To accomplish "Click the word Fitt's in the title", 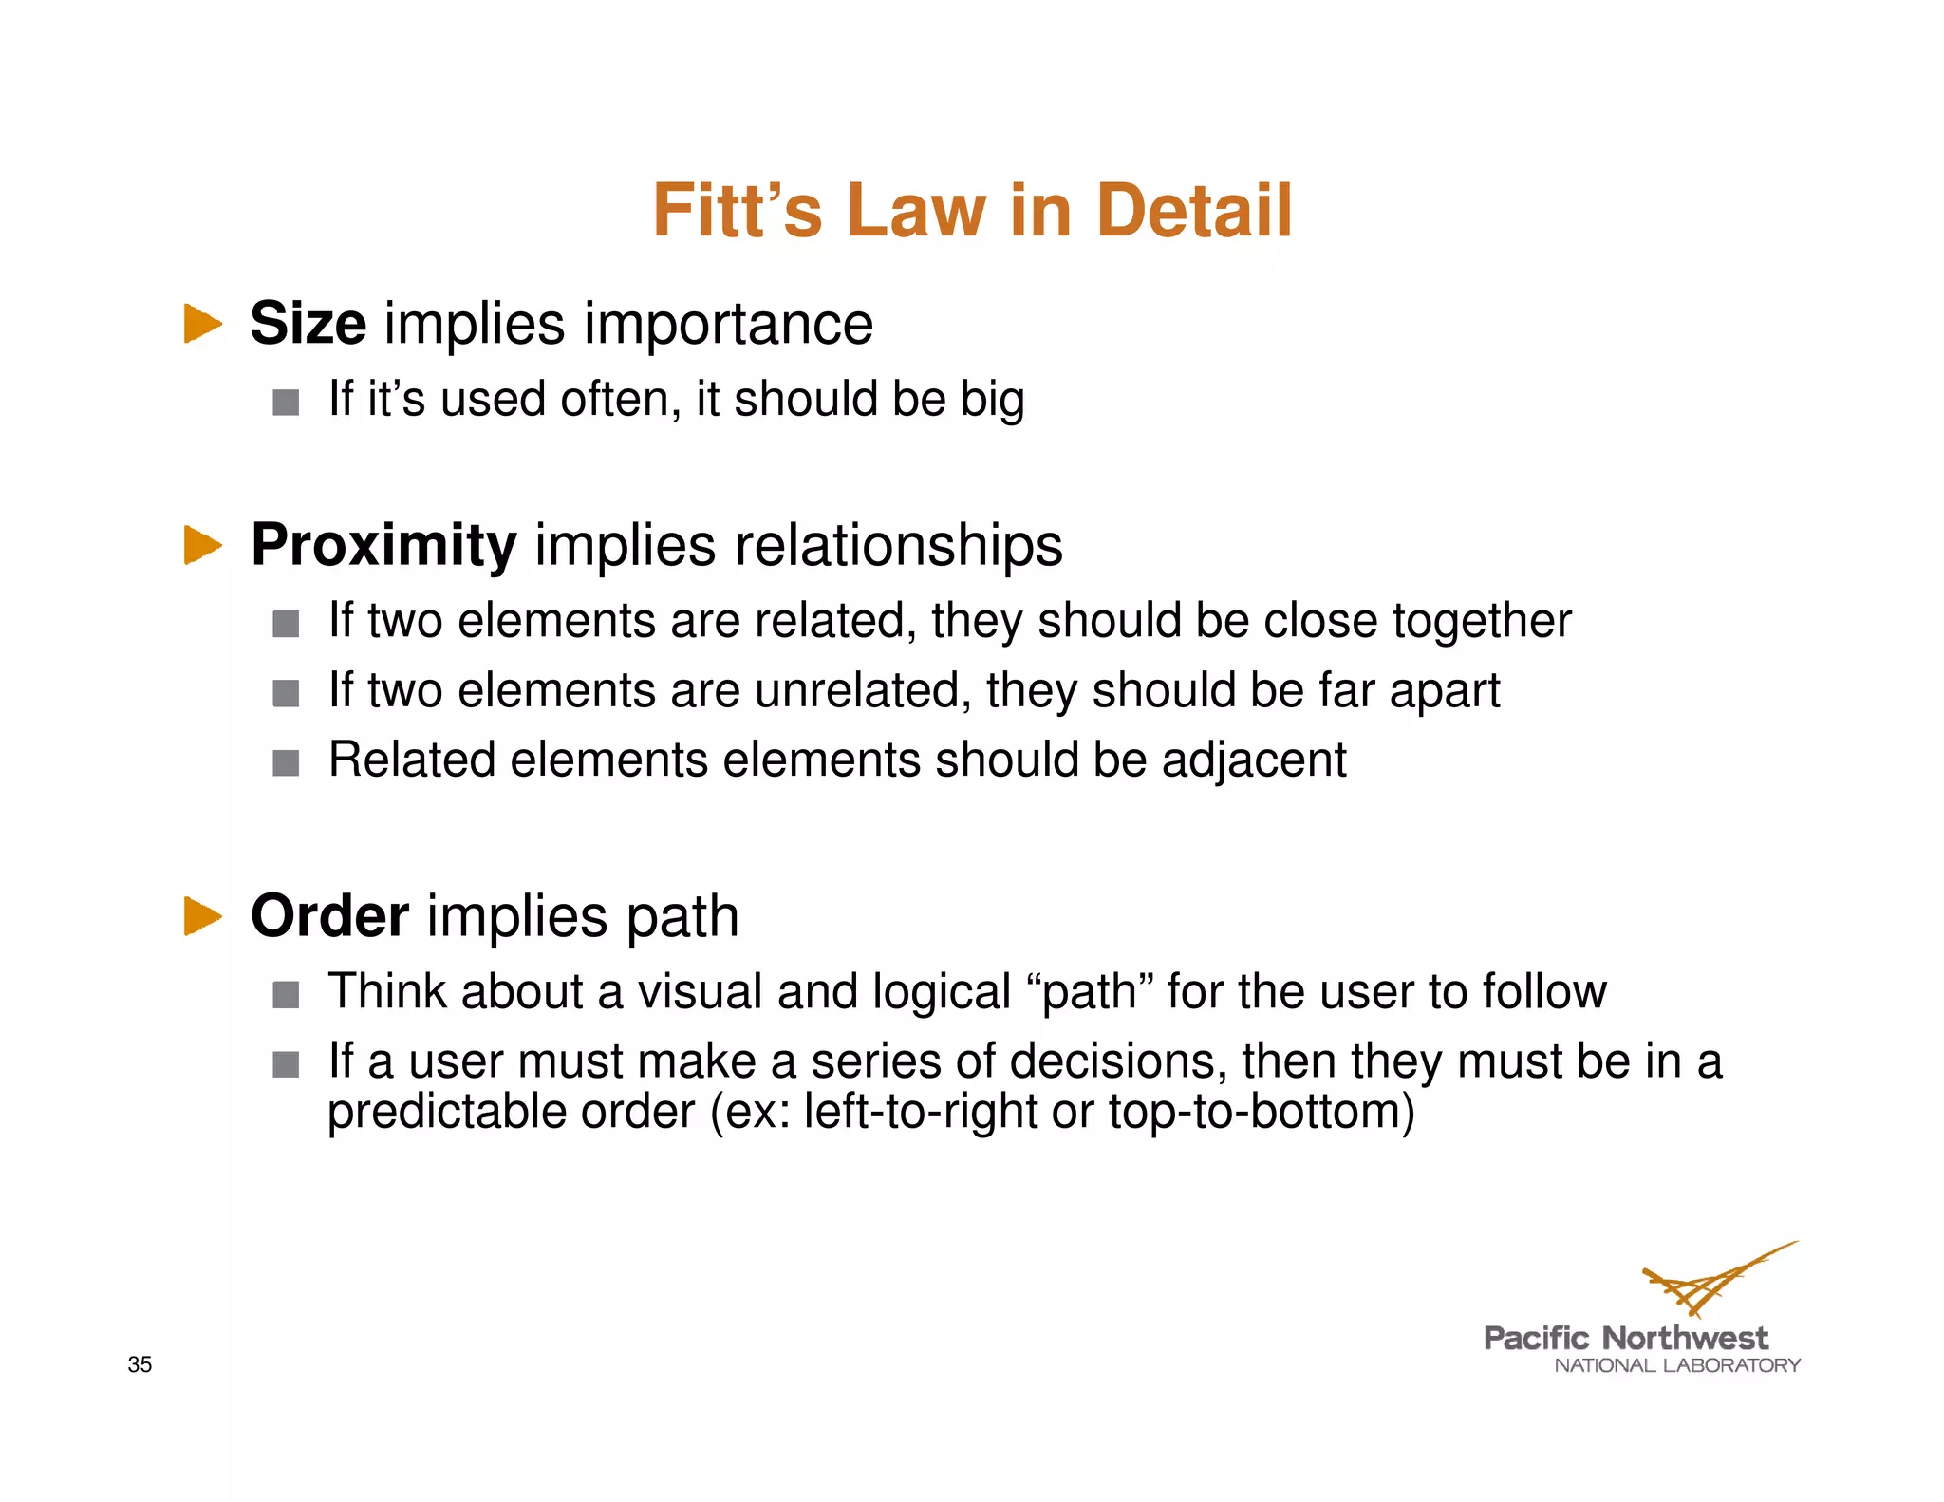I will pyautogui.click(x=737, y=211).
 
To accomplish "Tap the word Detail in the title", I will pyautogui.click(x=1194, y=211).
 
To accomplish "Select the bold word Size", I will pyautogui.click(x=308, y=324).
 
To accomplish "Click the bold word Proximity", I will pyautogui.click(x=383, y=546).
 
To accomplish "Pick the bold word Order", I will pyautogui.click(x=329, y=916).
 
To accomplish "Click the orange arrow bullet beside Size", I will pyautogui.click(x=202, y=324).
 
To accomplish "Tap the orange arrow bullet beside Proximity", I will pyautogui.click(x=202, y=545).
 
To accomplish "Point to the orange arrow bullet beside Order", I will pyautogui.click(x=202, y=916).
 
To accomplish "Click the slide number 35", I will pyautogui.click(x=140, y=1364).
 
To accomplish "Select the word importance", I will pyautogui.click(x=728, y=324).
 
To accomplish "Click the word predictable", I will pyautogui.click(x=446, y=1112).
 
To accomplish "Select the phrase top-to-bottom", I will pyautogui.click(x=1261, y=1112).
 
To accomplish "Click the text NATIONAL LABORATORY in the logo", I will pyautogui.click(x=1677, y=1366).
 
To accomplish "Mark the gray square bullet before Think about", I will pyautogui.click(x=286, y=995).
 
